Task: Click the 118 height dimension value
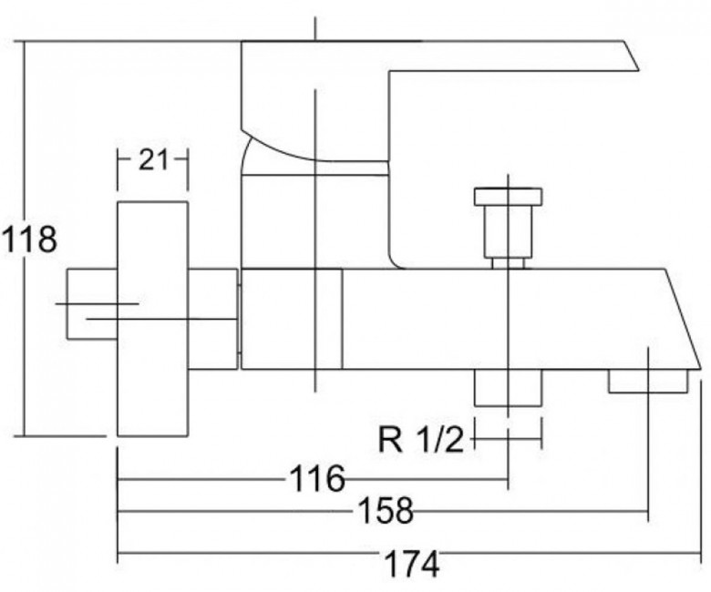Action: (30, 239)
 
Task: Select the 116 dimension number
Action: (317, 478)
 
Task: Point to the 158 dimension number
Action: (386, 510)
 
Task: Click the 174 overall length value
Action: (412, 564)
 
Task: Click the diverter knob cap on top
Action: (508, 196)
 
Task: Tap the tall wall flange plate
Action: (153, 319)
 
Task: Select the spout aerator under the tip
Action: (648, 381)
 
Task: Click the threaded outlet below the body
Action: (509, 387)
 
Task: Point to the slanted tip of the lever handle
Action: (631, 56)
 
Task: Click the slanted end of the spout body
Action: (684, 319)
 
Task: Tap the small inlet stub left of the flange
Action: (92, 304)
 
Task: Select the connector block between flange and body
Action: (213, 319)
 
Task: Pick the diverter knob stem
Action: (508, 231)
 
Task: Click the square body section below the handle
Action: (292, 319)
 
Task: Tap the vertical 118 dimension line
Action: (25, 239)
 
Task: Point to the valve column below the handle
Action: (314, 221)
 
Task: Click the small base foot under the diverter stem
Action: (508, 263)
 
